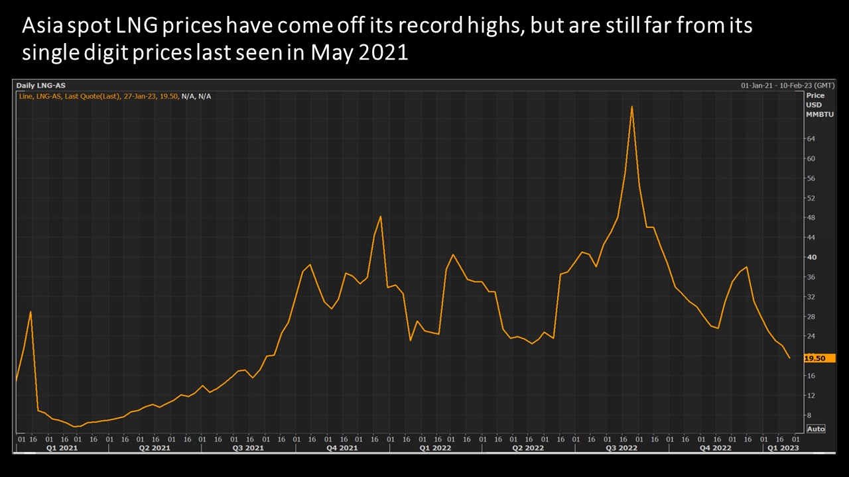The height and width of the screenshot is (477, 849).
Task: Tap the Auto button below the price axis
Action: point(816,429)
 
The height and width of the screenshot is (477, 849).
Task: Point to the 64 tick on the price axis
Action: point(811,139)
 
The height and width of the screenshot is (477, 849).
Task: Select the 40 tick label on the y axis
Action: point(811,257)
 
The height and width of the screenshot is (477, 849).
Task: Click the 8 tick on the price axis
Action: point(809,415)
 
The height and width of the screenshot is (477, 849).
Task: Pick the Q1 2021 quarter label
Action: point(62,448)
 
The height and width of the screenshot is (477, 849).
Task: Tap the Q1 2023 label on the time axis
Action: point(783,448)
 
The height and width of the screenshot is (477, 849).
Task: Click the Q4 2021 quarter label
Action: point(342,448)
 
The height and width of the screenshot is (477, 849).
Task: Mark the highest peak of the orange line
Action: point(631,107)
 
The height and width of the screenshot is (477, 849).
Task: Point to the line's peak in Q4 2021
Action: point(380,217)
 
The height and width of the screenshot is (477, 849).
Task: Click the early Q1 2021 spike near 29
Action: point(31,311)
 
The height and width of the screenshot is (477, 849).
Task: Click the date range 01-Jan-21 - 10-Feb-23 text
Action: point(787,85)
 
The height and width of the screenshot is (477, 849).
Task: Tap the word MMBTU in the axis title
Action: point(820,114)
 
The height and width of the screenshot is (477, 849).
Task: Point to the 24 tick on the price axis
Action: point(811,337)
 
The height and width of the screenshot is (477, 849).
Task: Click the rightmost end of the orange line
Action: point(789,358)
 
